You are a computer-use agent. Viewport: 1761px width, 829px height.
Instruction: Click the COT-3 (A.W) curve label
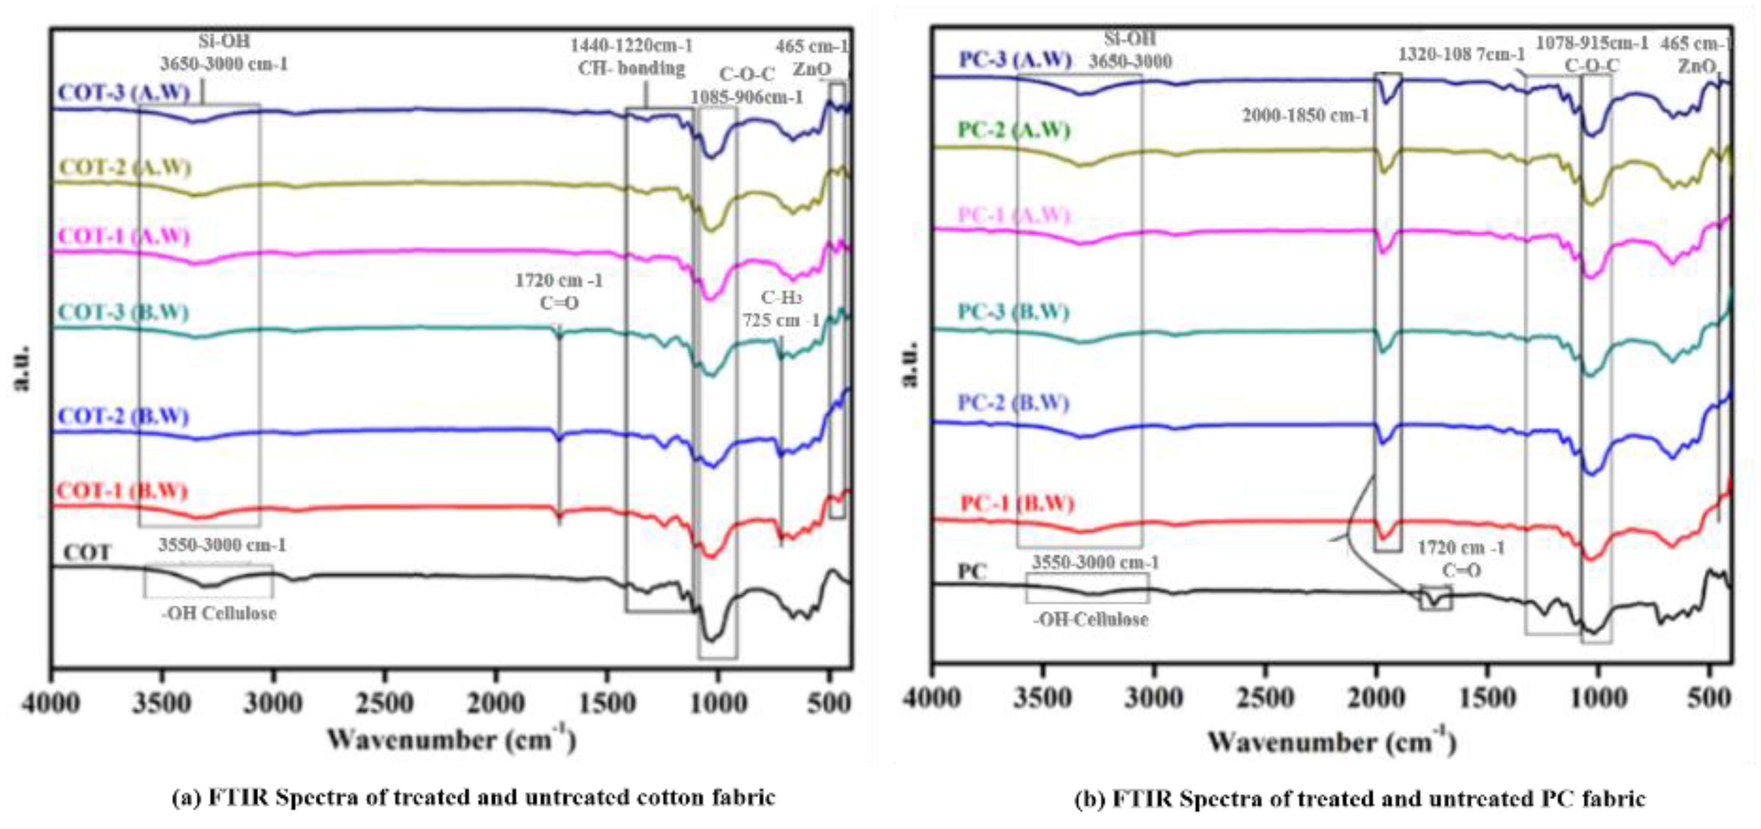(124, 93)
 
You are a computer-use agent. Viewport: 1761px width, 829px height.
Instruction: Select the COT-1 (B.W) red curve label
(122, 491)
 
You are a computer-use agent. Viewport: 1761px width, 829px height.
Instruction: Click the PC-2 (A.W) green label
(1014, 129)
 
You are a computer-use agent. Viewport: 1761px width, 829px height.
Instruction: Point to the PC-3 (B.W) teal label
(1013, 312)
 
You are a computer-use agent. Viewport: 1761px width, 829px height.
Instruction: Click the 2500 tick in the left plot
(385, 703)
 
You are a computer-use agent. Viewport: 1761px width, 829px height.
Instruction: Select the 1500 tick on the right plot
(1487, 698)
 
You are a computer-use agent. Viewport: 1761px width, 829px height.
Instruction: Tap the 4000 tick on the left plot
(52, 703)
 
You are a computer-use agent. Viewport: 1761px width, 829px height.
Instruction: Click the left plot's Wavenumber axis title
(451, 740)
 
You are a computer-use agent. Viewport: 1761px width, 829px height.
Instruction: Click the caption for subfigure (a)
(473, 798)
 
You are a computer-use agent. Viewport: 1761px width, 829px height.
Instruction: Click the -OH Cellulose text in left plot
(219, 613)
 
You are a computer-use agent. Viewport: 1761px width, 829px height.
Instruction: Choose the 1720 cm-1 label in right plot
(1461, 548)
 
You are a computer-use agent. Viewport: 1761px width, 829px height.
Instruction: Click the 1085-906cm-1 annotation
(747, 97)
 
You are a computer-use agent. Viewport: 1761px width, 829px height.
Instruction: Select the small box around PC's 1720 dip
(1436, 598)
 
